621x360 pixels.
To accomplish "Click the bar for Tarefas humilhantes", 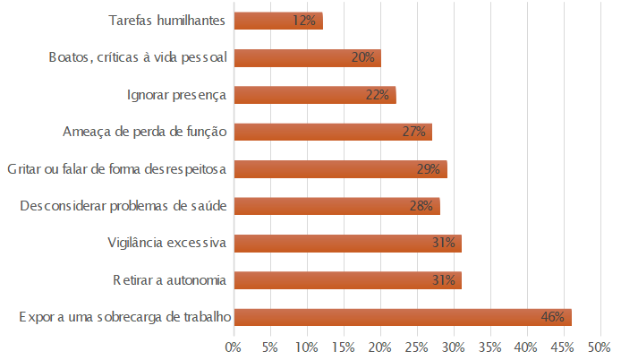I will coord(277,21).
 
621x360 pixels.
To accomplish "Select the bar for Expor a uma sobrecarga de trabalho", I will coord(402,317).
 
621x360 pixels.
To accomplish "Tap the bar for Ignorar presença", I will coord(314,95).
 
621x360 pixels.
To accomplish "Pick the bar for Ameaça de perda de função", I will coord(332,132).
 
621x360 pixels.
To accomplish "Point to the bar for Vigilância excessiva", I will coord(347,243).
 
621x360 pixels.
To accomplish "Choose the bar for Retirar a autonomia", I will coord(347,280).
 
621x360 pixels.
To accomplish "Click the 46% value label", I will coord(552,317).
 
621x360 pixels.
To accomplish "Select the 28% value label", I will coord(421,206).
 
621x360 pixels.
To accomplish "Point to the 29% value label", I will coord(429,169).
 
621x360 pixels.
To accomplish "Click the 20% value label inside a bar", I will coord(362,58).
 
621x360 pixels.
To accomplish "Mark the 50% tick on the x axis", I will coord(600,346).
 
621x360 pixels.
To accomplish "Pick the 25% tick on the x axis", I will coord(417,346).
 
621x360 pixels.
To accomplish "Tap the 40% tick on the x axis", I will coord(527,346).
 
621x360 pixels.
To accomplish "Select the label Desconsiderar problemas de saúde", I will coord(123,206).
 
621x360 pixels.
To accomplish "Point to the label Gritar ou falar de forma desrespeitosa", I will coord(116,169).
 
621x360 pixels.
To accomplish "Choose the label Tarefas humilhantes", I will coord(167,21).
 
